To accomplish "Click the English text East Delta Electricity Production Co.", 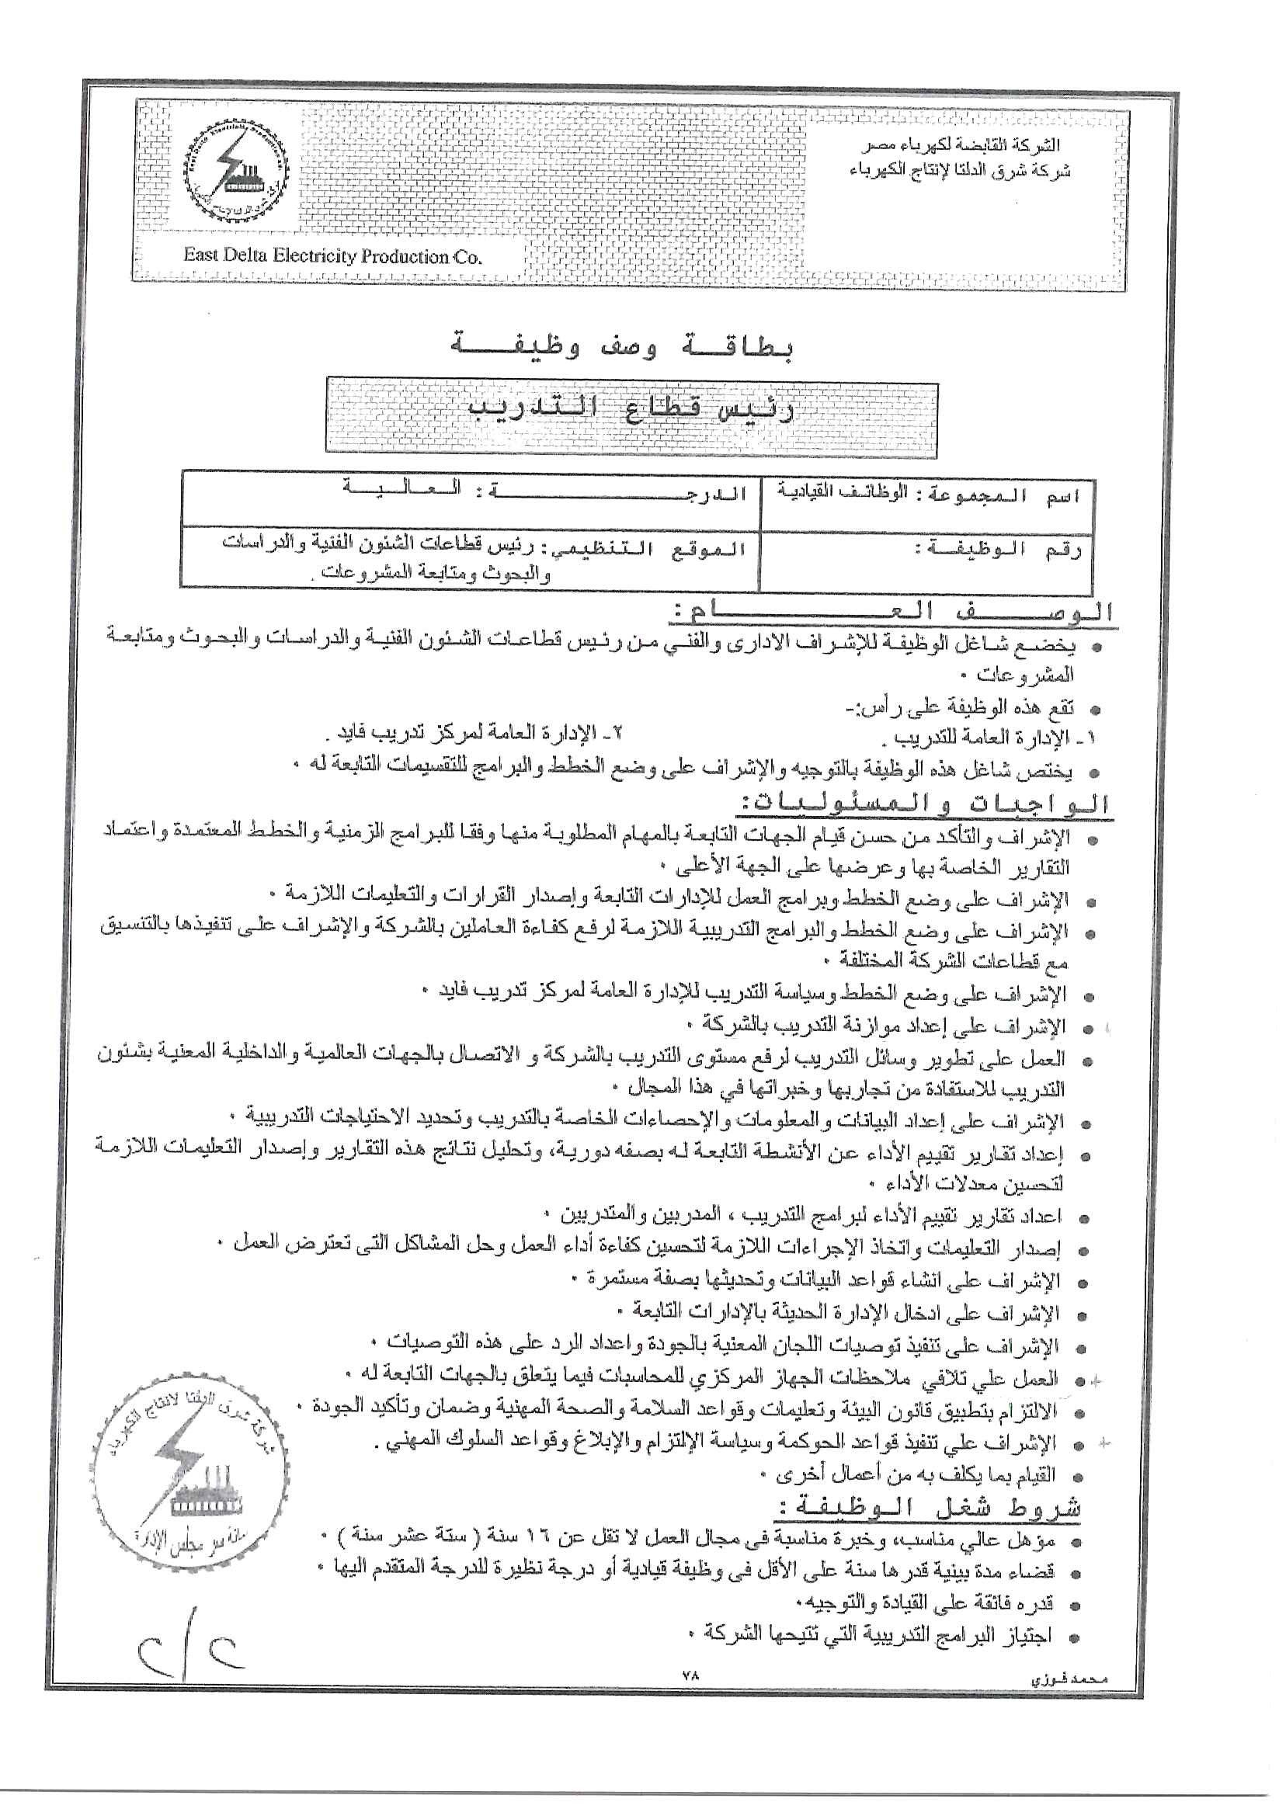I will coord(332,255).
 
